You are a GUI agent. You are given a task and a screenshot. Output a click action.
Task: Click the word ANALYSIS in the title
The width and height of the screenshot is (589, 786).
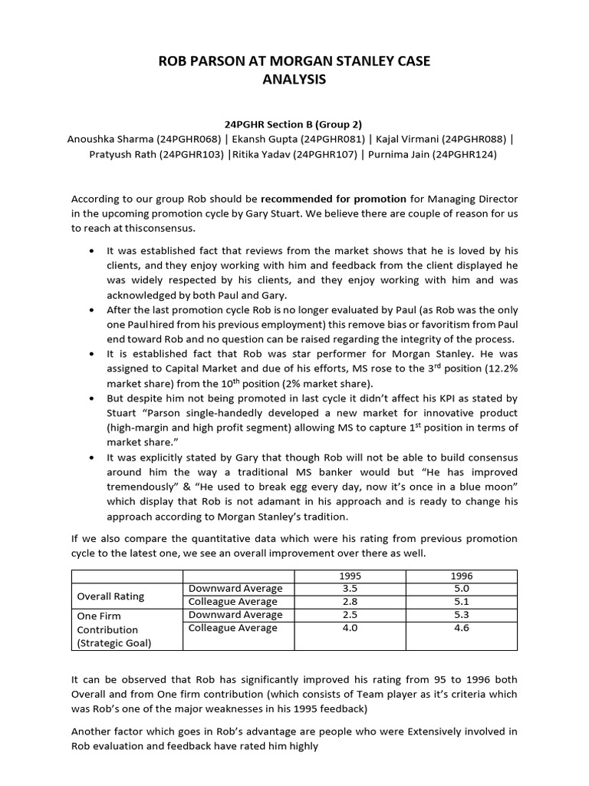click(294, 79)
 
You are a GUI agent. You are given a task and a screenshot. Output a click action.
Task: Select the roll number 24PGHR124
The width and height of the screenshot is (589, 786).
click(465, 154)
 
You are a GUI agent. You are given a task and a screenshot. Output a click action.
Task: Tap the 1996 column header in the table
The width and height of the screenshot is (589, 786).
click(462, 575)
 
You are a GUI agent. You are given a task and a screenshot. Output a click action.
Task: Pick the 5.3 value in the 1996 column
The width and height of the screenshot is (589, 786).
click(462, 615)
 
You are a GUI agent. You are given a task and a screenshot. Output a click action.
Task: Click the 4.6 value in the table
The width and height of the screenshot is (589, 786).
click(462, 628)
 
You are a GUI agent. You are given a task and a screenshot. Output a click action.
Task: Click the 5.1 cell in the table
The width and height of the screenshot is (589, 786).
click(462, 601)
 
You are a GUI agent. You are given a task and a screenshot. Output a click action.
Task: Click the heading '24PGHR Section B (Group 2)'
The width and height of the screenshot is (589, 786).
click(294, 124)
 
